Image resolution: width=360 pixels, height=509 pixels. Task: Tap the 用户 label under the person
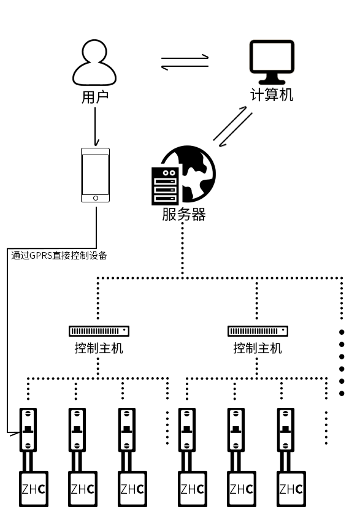(94, 98)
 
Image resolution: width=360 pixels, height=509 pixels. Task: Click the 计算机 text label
(272, 95)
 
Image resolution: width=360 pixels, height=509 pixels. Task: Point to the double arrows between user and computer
(185, 62)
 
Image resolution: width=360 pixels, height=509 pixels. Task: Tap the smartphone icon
(95, 175)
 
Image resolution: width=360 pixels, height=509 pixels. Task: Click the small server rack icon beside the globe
(165, 186)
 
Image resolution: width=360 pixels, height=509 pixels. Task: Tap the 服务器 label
(183, 215)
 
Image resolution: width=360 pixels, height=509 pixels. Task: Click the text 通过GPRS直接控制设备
(59, 256)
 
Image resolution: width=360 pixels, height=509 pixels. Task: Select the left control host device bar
(99, 331)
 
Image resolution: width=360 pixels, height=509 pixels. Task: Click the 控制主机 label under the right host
(258, 348)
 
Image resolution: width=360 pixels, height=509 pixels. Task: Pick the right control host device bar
(258, 331)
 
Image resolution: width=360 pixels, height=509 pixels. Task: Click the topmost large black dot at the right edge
(342, 331)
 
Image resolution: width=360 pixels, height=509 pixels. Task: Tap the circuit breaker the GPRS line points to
(28, 429)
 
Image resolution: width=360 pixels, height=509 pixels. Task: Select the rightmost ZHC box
(290, 489)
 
